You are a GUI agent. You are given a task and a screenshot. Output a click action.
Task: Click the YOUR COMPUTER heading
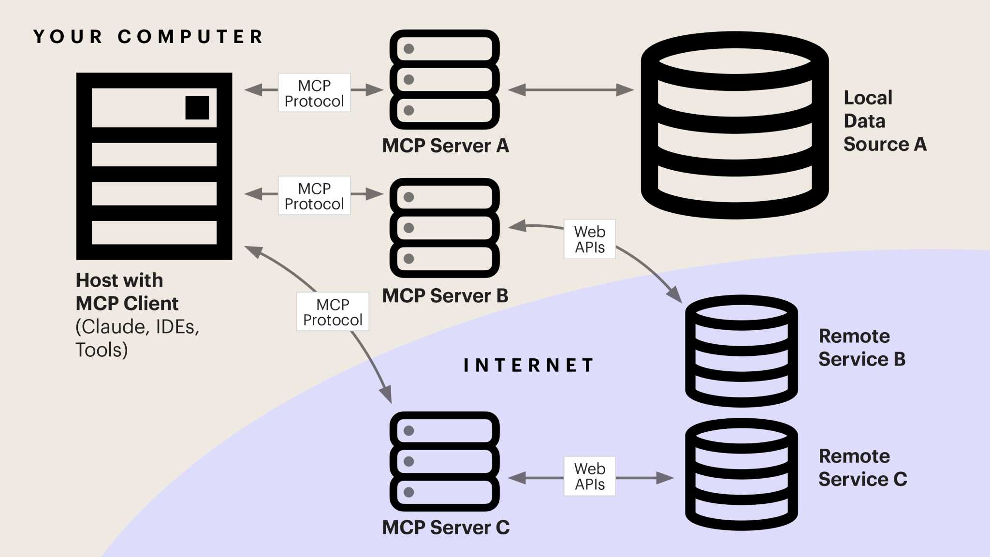pyautogui.click(x=148, y=37)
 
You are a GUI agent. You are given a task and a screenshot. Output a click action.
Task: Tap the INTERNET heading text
pyautogui.click(x=528, y=365)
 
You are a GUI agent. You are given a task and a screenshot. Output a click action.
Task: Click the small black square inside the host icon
pyautogui.click(x=197, y=107)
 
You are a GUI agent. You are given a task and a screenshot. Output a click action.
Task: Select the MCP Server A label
pyautogui.click(x=445, y=146)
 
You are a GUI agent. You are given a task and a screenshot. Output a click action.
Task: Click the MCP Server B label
pyautogui.click(x=445, y=295)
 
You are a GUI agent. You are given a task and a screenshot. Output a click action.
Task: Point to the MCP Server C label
pyautogui.click(x=446, y=527)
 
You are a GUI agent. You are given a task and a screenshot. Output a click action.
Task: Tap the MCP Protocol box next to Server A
pyautogui.click(x=314, y=93)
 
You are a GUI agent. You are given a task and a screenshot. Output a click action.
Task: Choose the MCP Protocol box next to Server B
pyautogui.click(x=314, y=196)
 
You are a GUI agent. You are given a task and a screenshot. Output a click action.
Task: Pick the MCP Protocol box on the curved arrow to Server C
pyautogui.click(x=333, y=312)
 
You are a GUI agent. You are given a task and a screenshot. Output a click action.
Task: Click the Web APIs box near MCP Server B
pyautogui.click(x=589, y=239)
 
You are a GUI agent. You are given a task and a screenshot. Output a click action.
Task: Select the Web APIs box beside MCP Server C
pyautogui.click(x=589, y=476)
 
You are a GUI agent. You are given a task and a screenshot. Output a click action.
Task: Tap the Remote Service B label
pyautogui.click(x=861, y=348)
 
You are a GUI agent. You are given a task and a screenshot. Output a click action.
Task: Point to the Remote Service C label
pyautogui.click(x=862, y=468)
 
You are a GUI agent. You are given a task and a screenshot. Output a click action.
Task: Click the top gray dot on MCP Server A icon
pyautogui.click(x=409, y=49)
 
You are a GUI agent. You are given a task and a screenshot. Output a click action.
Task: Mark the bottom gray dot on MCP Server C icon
pyautogui.click(x=409, y=492)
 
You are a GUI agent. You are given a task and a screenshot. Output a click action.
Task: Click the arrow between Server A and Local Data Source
pyautogui.click(x=570, y=90)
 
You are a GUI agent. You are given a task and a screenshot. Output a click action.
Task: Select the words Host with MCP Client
pyautogui.click(x=127, y=292)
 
